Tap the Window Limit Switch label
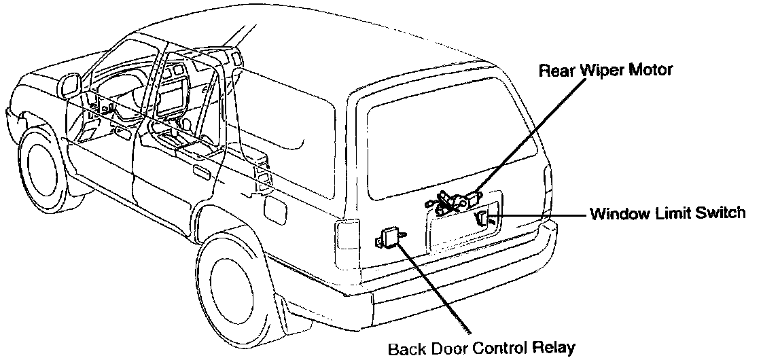click(668, 214)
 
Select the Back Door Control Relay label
click(481, 349)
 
